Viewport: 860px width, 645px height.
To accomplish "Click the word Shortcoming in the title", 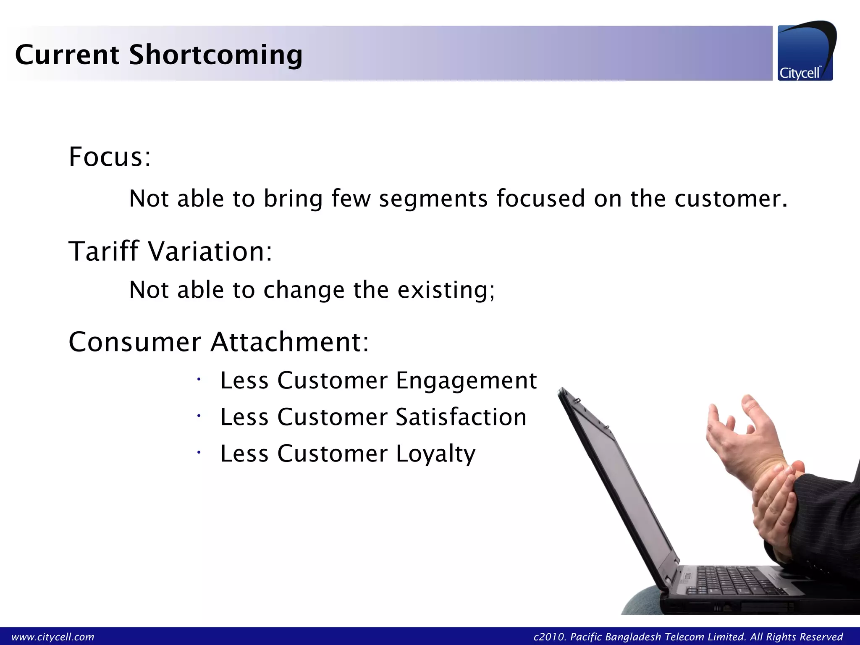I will [215, 55].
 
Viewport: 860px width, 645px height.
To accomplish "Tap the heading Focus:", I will [110, 157].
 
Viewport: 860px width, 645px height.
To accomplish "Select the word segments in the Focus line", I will [433, 199].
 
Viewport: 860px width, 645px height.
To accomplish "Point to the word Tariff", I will [103, 252].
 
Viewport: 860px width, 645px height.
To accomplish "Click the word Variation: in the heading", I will [210, 252].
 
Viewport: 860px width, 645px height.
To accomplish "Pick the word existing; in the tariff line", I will [446, 290].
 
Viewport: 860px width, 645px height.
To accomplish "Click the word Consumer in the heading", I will [135, 342].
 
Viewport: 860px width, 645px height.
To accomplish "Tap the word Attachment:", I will [290, 342].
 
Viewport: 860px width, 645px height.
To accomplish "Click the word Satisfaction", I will [461, 417].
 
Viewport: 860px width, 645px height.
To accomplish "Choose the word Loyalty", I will [435, 454].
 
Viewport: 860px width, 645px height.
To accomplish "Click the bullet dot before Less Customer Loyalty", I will [199, 453].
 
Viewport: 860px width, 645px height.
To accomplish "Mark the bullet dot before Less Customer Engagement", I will [199, 380].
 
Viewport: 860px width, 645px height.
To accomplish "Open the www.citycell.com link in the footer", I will [53, 637].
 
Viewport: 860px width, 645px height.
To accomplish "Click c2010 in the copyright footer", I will [549, 637].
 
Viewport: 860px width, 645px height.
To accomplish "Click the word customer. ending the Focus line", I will [731, 199].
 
